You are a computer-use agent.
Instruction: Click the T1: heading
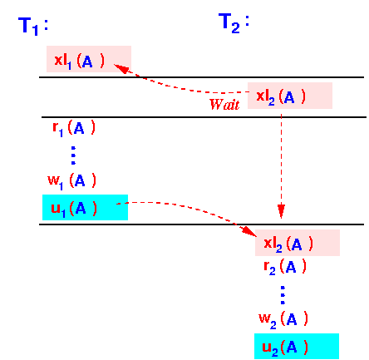coord(33,26)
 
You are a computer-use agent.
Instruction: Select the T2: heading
coord(234,23)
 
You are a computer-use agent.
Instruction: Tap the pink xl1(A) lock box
coord(89,59)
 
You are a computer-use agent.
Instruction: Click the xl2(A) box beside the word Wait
coord(290,96)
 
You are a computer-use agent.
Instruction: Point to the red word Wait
coord(224,105)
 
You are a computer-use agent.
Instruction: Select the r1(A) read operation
coord(74,129)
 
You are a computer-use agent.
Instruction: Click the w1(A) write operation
coord(72,181)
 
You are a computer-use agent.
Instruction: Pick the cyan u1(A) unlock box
coord(85,207)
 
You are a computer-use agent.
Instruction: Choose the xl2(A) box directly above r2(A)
coord(298,243)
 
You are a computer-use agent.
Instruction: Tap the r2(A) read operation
coord(285,267)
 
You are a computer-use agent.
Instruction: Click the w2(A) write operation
coord(283,319)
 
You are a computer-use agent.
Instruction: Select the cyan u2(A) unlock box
coord(297,346)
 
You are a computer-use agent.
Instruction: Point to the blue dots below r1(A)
coord(73,155)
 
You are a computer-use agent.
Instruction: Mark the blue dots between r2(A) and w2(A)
coord(283,295)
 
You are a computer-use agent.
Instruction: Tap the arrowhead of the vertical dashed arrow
coord(281,212)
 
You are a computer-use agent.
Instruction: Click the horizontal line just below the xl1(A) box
coord(201,77)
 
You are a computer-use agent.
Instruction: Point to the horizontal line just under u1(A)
coord(201,224)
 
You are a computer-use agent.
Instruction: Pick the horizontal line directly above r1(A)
coord(204,117)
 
